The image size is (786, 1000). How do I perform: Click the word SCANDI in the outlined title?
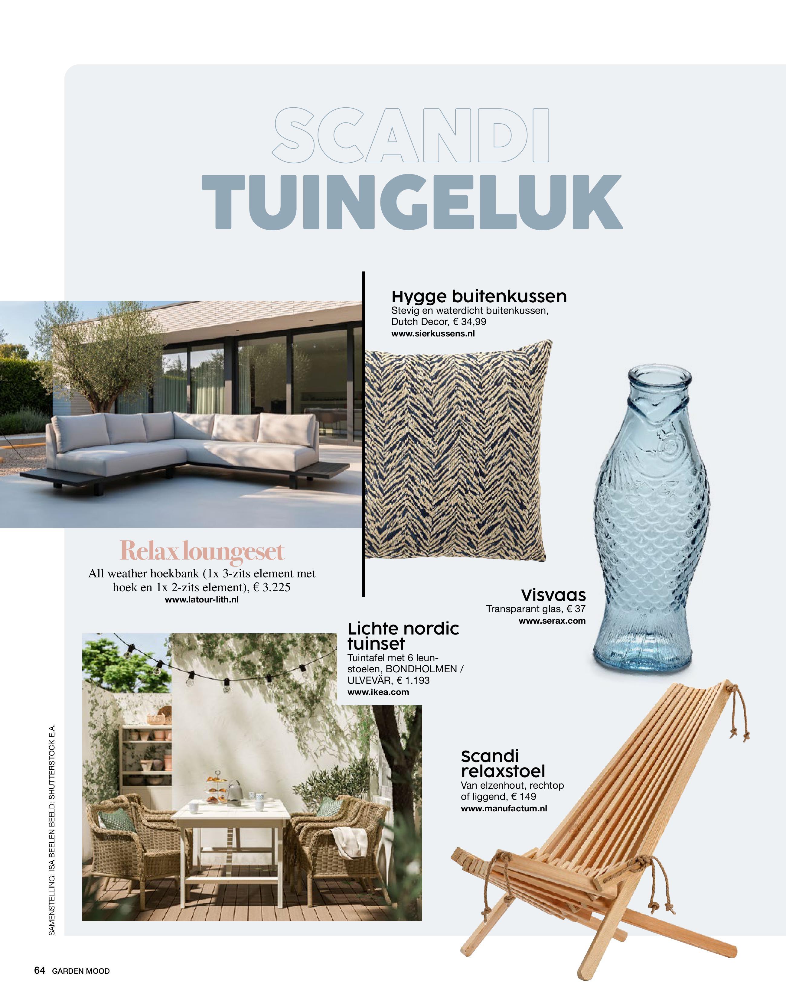(411, 136)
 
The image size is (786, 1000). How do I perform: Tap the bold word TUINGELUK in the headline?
(412, 203)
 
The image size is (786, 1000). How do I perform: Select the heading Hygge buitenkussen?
(479, 296)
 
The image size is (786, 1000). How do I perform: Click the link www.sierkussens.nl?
(432, 333)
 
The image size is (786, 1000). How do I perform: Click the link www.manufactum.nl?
(504, 808)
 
